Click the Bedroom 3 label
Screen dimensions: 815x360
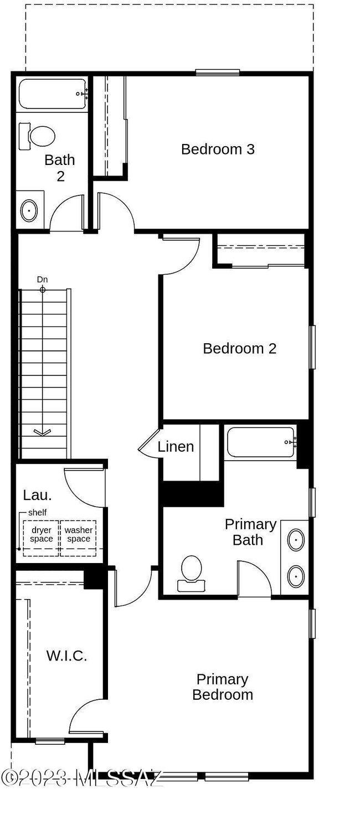[x=218, y=149]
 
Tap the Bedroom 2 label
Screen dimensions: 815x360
[x=239, y=348]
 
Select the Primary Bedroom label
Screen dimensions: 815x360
[x=223, y=687]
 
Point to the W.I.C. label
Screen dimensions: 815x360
[x=66, y=656]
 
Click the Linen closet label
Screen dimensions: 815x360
[x=176, y=446]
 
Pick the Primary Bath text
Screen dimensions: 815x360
[x=250, y=532]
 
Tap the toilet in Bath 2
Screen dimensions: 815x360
[x=38, y=135]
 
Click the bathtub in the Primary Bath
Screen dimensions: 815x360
[x=260, y=442]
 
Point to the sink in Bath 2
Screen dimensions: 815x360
[x=29, y=210]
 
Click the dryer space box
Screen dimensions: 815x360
[x=42, y=535]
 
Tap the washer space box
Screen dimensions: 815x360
[x=78, y=535]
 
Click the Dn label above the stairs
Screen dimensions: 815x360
[x=43, y=280]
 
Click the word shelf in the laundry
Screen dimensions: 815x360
[x=37, y=512]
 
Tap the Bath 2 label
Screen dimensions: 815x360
[x=60, y=168]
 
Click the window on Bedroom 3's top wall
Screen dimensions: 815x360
[x=217, y=72]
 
